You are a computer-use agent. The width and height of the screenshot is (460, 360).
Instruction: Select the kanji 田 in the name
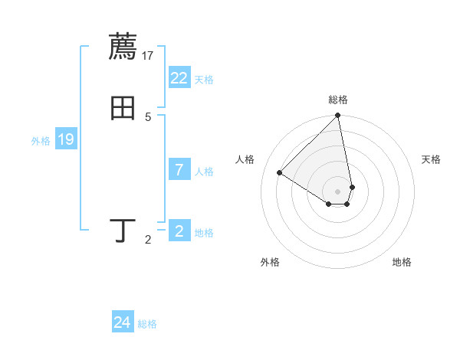(123, 108)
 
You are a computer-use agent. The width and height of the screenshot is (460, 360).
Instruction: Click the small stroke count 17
(149, 55)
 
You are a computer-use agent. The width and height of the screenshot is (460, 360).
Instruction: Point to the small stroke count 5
(148, 116)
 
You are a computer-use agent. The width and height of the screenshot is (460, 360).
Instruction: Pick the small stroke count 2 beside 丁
(148, 241)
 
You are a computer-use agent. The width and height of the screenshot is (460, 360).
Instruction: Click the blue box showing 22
(179, 78)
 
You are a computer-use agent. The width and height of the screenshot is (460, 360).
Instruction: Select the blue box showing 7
(179, 170)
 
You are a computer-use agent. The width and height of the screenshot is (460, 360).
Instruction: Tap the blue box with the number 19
(66, 140)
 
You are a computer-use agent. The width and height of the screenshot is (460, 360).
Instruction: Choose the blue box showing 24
(123, 323)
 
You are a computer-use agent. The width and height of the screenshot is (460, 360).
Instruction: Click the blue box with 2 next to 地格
(179, 231)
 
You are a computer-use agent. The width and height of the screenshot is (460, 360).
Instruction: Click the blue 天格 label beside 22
(204, 80)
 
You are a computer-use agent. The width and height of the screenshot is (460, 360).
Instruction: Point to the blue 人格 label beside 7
(204, 172)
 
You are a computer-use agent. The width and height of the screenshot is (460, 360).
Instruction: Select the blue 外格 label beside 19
(41, 141)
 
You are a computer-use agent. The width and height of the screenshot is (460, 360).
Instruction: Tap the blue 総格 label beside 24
(147, 324)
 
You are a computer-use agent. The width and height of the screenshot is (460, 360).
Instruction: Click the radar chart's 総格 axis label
(338, 100)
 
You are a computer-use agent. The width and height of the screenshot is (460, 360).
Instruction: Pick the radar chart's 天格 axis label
(432, 159)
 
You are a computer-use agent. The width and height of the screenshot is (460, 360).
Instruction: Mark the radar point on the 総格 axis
(338, 116)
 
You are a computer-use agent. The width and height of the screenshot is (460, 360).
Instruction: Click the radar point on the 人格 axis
(280, 173)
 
